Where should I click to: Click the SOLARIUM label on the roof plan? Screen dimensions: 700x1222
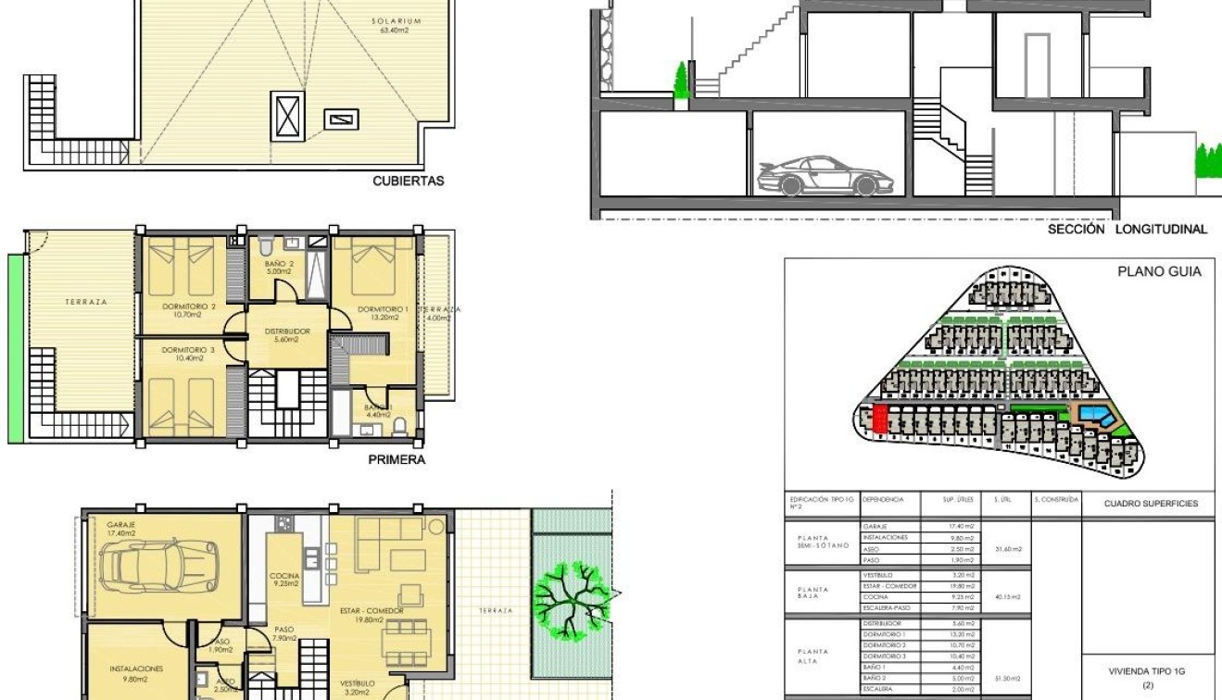pyautogui.click(x=397, y=20)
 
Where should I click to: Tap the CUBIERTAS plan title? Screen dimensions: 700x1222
pyautogui.click(x=408, y=181)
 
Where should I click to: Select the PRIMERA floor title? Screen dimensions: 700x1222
pyautogui.click(x=397, y=459)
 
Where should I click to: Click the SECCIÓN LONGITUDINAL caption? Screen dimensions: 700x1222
pyautogui.click(x=1128, y=229)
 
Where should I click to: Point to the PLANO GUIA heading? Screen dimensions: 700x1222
pyautogui.click(x=1159, y=271)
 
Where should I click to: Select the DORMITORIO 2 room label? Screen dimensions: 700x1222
pyautogui.click(x=188, y=306)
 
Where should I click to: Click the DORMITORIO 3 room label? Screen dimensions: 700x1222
pyautogui.click(x=188, y=350)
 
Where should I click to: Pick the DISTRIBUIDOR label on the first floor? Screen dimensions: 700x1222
pyautogui.click(x=287, y=331)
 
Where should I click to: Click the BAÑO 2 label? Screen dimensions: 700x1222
pyautogui.click(x=278, y=264)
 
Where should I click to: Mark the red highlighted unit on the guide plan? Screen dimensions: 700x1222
pyautogui.click(x=880, y=419)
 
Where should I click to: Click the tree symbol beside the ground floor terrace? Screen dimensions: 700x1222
pyautogui.click(x=572, y=599)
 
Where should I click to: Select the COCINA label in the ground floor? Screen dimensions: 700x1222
pyautogui.click(x=284, y=576)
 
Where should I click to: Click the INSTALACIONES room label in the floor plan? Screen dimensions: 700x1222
pyautogui.click(x=136, y=668)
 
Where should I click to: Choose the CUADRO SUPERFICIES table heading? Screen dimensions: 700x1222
pyautogui.click(x=1151, y=504)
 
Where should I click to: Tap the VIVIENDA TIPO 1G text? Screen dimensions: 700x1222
pyautogui.click(x=1147, y=671)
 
